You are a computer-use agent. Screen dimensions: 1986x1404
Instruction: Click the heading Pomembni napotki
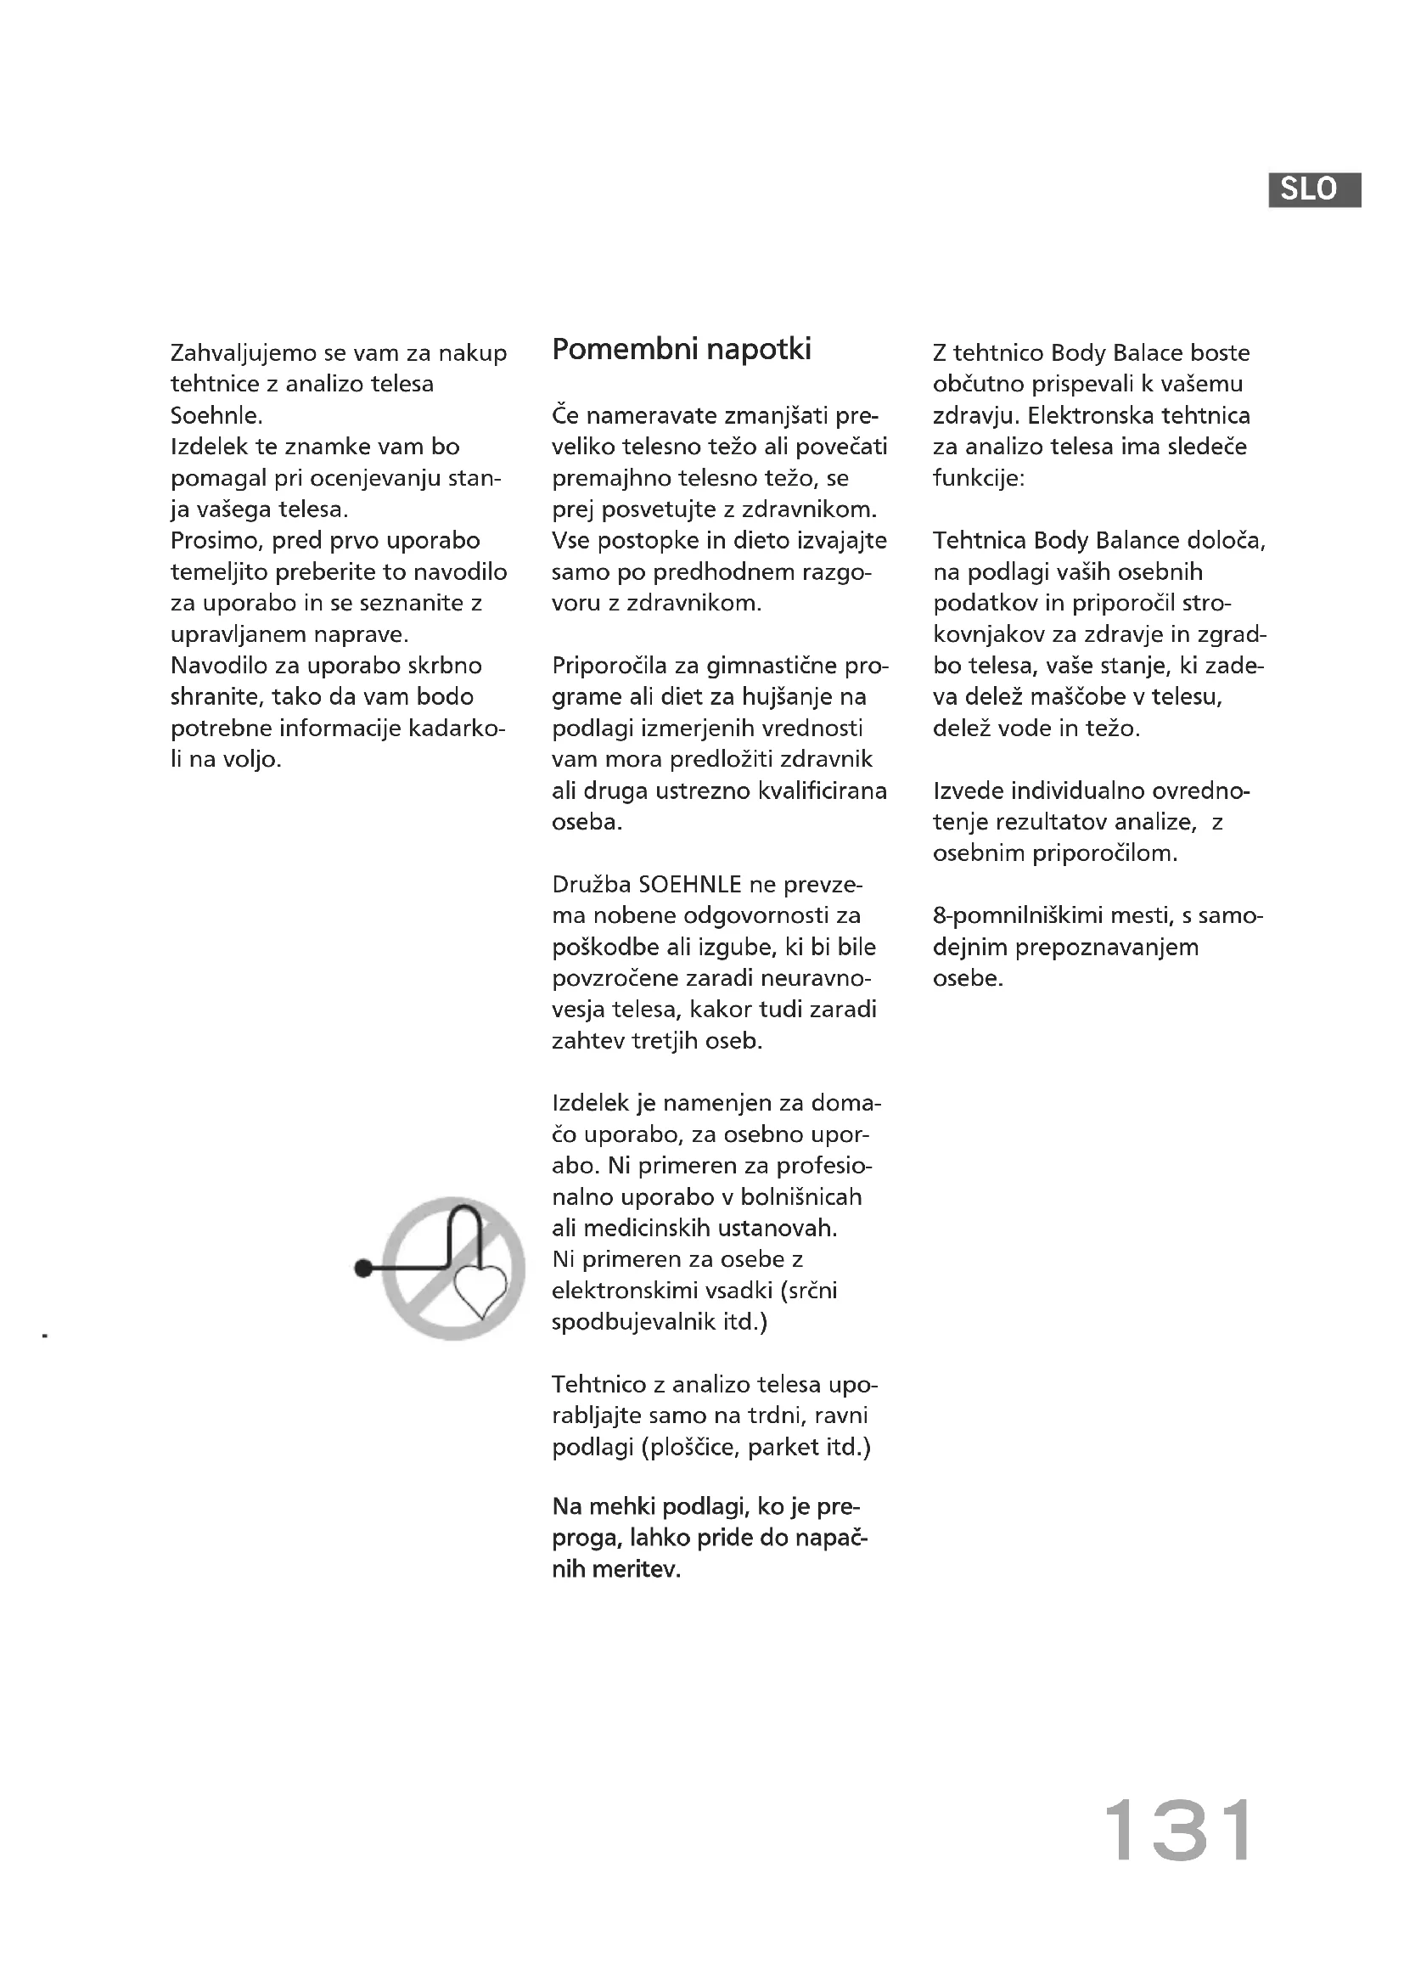682,350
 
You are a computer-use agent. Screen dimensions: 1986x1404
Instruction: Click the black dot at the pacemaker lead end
364,1268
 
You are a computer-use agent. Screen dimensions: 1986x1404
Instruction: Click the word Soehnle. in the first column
216,416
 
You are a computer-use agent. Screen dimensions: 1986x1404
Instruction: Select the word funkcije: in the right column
978,478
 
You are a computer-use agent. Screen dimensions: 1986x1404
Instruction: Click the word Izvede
968,790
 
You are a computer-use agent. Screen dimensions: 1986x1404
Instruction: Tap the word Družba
592,885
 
